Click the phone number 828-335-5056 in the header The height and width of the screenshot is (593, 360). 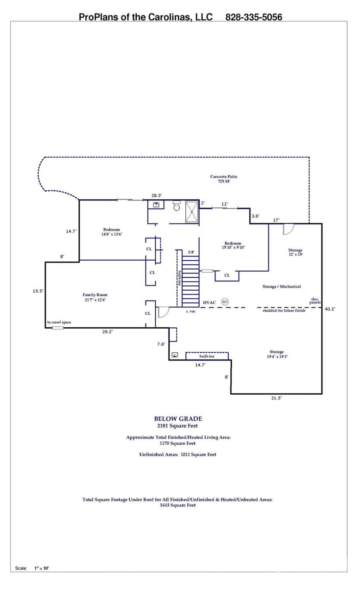point(254,17)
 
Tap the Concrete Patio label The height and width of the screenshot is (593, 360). point(224,179)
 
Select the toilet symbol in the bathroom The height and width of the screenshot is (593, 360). point(177,206)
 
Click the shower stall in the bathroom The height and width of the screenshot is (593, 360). point(192,211)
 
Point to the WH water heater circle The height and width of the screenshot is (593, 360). point(224,302)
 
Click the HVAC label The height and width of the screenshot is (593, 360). point(209,303)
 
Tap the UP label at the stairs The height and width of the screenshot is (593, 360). point(191,252)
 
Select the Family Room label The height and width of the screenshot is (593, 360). point(95,297)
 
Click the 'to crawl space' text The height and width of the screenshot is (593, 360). point(59,322)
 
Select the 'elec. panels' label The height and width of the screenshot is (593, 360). point(315,301)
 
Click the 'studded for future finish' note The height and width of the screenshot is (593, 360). point(284,311)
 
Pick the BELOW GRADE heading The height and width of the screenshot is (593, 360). point(178,419)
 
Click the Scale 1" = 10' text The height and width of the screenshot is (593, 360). point(32,568)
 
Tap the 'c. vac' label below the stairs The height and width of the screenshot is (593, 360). point(190,311)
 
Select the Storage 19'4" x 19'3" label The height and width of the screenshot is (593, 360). point(276,354)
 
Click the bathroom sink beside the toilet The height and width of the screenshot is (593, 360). point(157,204)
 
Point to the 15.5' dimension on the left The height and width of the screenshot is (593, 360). point(38,291)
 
